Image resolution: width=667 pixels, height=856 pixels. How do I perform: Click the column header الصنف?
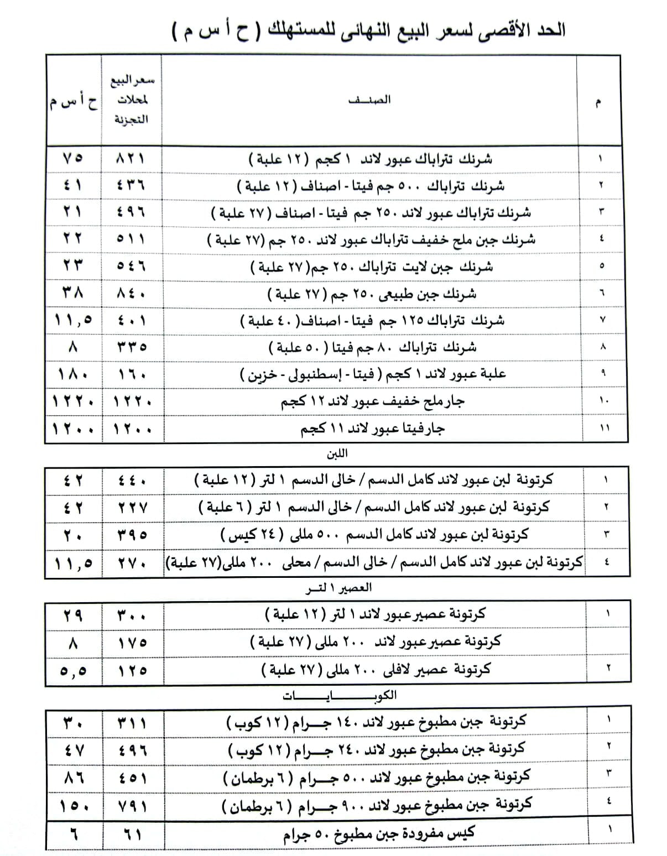[369, 100]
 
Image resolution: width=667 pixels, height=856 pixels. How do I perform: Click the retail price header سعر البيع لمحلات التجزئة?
[132, 100]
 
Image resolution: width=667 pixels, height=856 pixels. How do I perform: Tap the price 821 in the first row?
[131, 159]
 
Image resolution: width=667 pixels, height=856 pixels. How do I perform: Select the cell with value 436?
[131, 185]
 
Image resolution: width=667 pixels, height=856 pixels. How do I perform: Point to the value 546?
[131, 267]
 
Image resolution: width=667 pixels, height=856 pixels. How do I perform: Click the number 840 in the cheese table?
[131, 293]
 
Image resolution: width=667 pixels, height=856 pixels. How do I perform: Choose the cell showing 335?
[131, 347]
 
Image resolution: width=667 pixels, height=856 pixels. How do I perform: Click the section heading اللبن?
[337, 453]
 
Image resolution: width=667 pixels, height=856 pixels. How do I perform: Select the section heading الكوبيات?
[340, 696]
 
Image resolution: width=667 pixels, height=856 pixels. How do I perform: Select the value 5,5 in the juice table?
[73, 670]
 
